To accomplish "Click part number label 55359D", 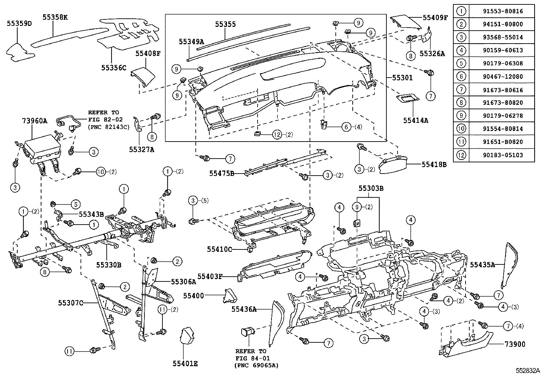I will coord(19,23).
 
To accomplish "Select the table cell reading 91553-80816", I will coord(503,11).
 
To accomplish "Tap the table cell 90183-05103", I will coord(503,155).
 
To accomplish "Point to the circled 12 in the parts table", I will coord(461,155).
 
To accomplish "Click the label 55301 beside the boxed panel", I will coord(402,78).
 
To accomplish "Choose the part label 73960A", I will coord(35,120).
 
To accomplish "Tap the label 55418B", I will coord(434,164).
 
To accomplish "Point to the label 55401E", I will coord(185,364).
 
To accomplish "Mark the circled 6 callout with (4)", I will coord(346,127).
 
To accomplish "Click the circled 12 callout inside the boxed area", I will coord(277,134).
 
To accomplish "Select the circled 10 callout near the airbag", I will coord(101,172).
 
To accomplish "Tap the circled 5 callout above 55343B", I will coord(75,204).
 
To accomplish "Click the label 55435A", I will coord(482,264).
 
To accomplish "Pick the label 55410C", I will coord(219,249).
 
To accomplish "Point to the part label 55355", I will coord(225,25).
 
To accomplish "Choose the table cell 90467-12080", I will coord(503,77).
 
